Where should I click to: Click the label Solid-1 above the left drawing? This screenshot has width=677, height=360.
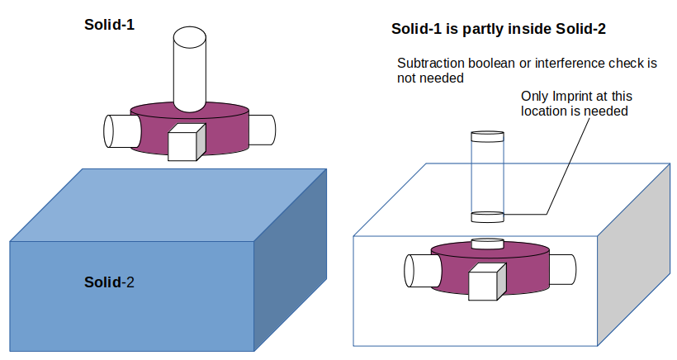(109, 25)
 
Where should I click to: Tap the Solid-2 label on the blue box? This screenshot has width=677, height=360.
(109, 282)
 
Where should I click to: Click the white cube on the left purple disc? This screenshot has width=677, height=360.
(185, 144)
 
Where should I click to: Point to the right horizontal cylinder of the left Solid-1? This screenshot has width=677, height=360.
(261, 128)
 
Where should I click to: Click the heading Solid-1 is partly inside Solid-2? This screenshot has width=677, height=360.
(499, 30)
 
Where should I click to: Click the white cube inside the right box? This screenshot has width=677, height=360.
(485, 285)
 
